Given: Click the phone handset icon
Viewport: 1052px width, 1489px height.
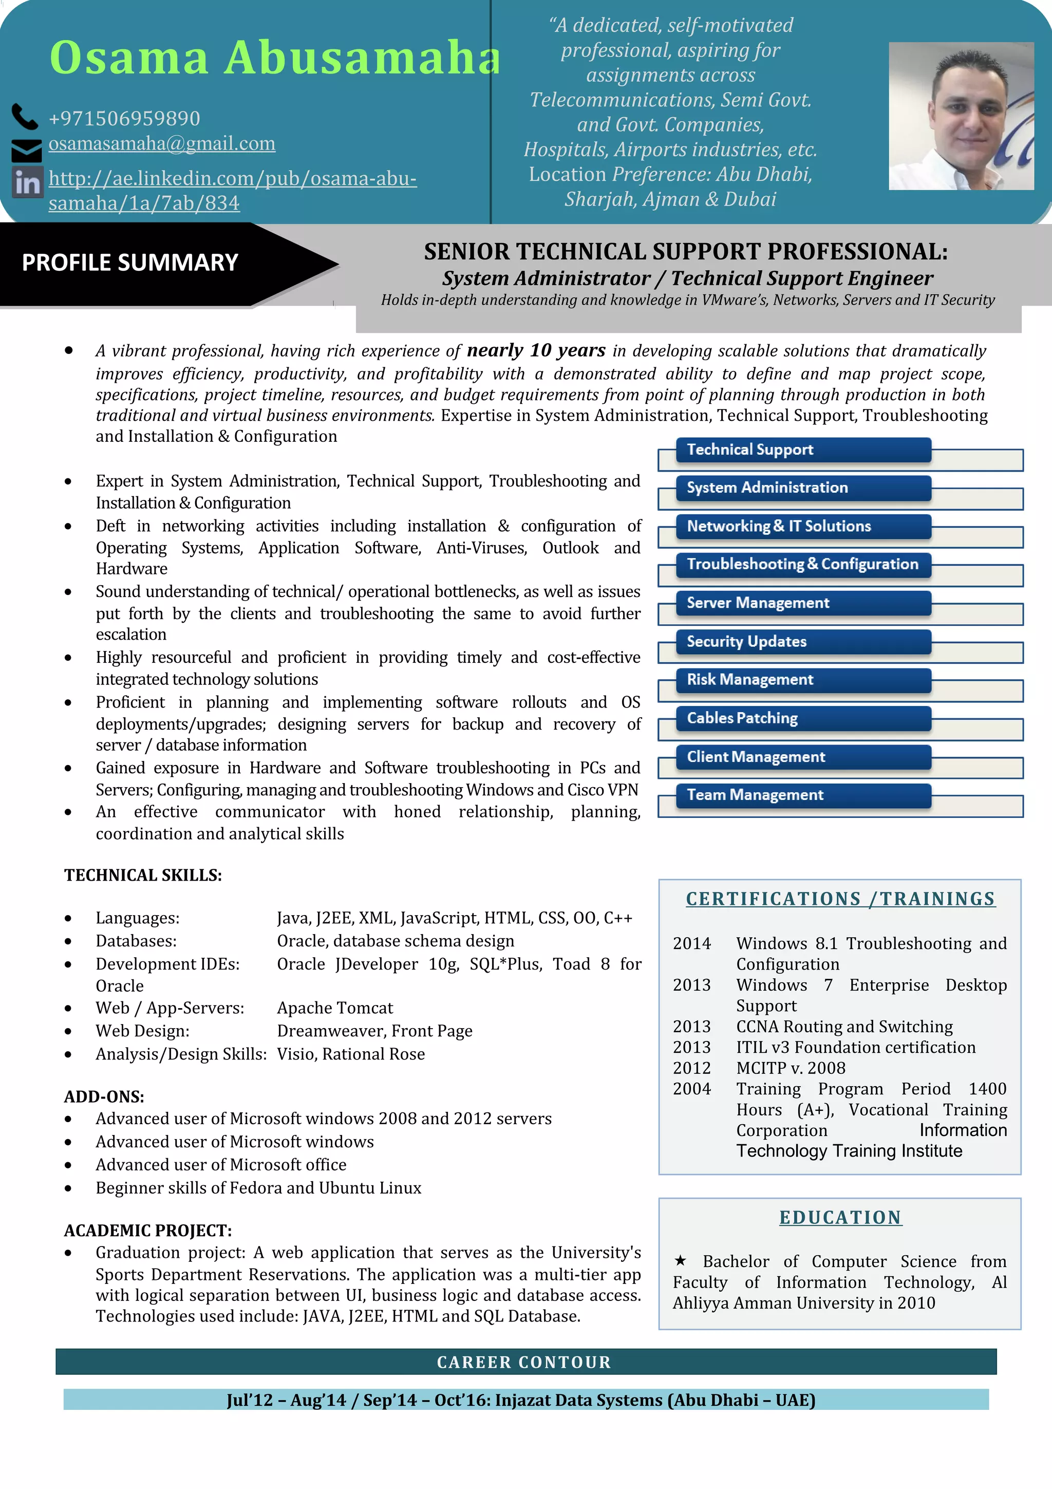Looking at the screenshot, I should (x=25, y=117).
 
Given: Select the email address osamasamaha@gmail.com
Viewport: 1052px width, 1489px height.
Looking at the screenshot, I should (x=161, y=143).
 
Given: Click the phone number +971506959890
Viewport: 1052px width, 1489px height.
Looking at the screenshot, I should (x=124, y=119).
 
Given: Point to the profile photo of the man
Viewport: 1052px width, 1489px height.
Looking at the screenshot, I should (x=961, y=116).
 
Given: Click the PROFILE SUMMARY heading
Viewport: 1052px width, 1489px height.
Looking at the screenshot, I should (x=129, y=263).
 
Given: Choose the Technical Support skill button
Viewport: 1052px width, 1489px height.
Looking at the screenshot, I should (x=802, y=450).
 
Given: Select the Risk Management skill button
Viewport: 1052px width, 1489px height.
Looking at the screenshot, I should (x=802, y=680).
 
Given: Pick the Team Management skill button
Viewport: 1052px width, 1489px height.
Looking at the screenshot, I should (x=802, y=795).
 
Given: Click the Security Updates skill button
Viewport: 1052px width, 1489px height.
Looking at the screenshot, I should (x=802, y=641).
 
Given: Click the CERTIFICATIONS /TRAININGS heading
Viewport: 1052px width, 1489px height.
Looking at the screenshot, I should (x=840, y=899).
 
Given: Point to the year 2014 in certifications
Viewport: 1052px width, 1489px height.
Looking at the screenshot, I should (x=691, y=943).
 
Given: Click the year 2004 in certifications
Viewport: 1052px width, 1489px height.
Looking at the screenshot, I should (x=691, y=1089).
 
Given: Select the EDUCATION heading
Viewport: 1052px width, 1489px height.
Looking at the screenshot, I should (x=840, y=1217).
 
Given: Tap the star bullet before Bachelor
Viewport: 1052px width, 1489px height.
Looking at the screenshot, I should (x=680, y=1260).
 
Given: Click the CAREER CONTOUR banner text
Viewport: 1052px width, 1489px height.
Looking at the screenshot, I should (x=524, y=1363).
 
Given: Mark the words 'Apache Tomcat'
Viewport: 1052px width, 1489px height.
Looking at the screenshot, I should (x=334, y=1008).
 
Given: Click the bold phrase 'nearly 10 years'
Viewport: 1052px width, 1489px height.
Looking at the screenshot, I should (x=536, y=350).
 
